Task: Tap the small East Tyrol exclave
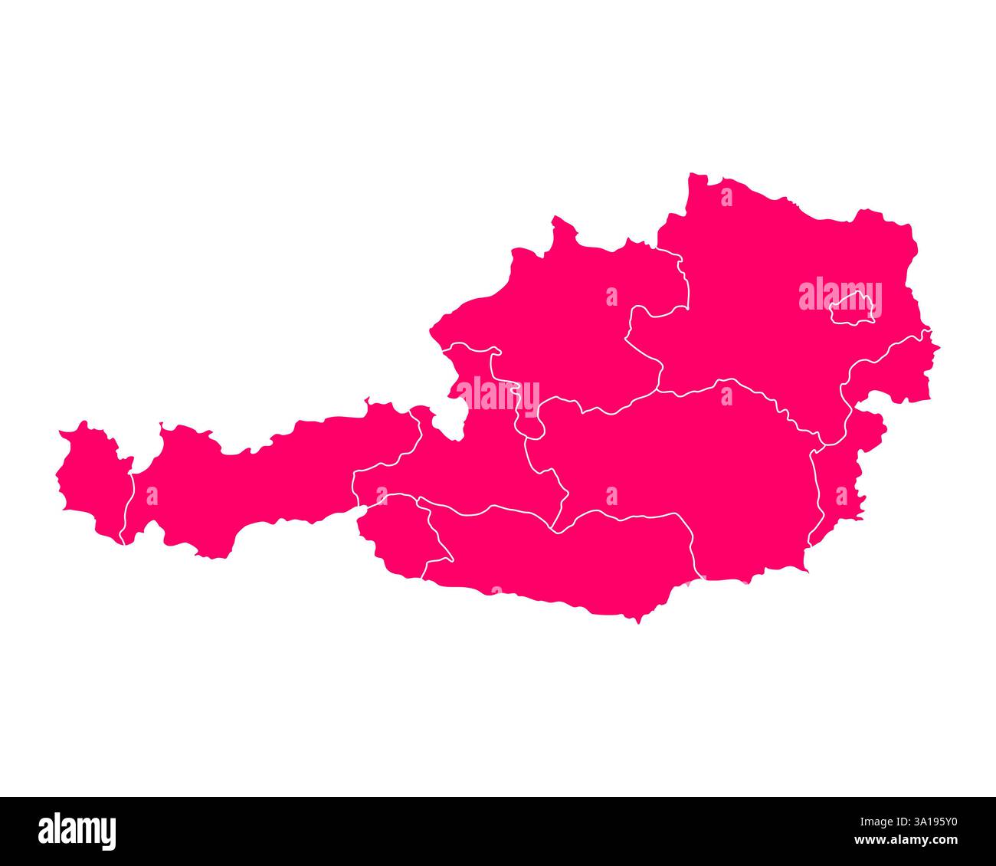395,536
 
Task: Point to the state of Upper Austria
567,322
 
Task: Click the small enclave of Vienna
852,309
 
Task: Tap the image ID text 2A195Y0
922,822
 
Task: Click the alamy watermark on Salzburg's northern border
498,395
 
